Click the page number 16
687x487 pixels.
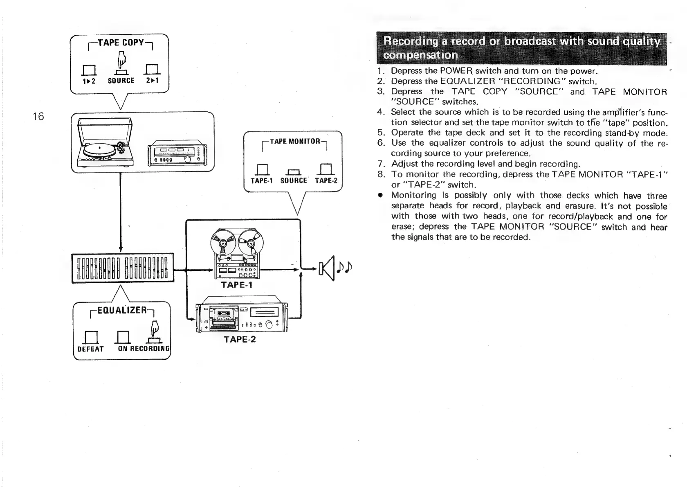click(38, 117)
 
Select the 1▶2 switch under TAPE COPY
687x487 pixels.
click(88, 81)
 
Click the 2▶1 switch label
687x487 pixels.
click(152, 81)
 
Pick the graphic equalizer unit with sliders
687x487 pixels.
click(123, 268)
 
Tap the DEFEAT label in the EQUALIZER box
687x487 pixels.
click(90, 349)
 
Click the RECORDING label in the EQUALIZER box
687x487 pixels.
click(149, 349)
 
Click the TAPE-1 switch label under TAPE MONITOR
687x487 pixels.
click(261, 180)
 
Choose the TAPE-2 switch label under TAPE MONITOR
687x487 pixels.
click(326, 180)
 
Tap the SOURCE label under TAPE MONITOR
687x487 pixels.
click(294, 180)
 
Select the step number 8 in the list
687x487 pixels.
click(381, 174)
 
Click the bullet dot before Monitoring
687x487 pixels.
click(380, 196)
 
